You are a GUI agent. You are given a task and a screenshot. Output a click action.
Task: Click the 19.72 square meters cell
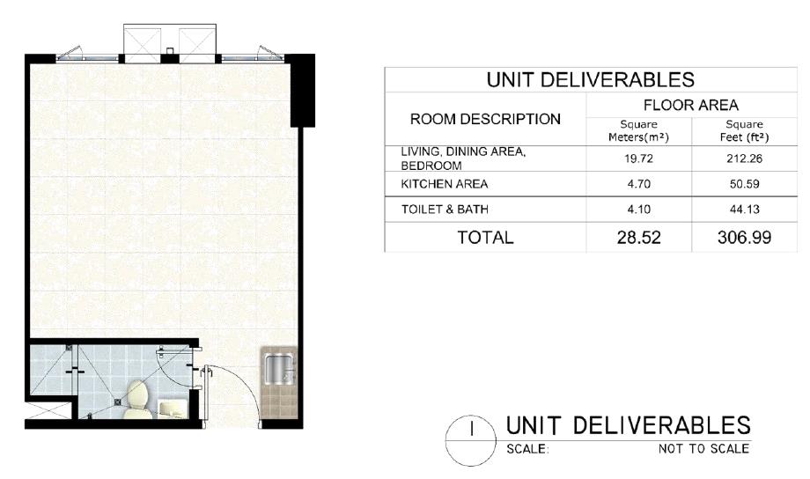point(638,158)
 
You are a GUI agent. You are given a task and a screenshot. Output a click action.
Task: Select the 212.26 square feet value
point(744,158)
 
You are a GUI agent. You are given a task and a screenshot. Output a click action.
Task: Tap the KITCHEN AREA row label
point(445,184)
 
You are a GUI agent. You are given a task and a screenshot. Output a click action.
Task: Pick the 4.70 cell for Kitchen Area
point(638,184)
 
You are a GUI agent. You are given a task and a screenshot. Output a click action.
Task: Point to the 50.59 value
point(744,184)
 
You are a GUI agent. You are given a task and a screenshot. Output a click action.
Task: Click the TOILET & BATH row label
point(445,210)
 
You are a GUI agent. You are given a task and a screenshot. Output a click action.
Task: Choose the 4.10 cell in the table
point(638,210)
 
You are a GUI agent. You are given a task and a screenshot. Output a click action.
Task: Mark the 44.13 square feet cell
point(744,210)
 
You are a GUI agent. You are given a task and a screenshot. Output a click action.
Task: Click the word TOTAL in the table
point(486,237)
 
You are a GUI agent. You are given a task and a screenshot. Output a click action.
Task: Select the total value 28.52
point(639,237)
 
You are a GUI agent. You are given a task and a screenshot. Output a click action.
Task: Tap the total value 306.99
point(744,237)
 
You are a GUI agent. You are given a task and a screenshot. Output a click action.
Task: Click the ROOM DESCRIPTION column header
point(485,119)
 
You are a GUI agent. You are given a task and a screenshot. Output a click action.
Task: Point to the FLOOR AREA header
point(691,105)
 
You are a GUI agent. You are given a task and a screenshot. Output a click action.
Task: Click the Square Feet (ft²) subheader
point(744,130)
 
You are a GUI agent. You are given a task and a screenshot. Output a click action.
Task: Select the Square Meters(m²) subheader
point(638,130)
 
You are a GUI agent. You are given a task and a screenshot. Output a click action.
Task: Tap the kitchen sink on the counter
point(279,369)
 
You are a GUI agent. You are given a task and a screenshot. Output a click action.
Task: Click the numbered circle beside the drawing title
point(471,440)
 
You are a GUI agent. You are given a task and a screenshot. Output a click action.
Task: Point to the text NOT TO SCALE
point(703,448)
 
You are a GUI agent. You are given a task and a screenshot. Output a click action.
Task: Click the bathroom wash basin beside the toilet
point(172,408)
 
